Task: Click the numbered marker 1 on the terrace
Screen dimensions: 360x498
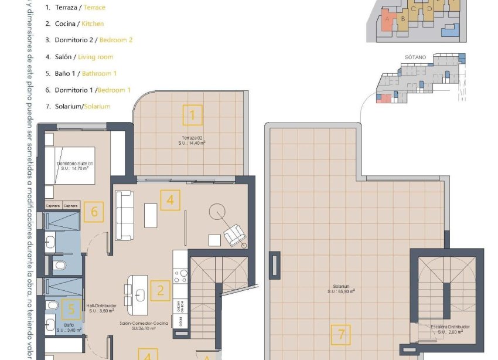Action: pos(192,115)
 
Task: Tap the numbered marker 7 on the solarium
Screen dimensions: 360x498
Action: pos(341,335)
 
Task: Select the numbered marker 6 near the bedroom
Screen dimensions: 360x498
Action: pos(94,212)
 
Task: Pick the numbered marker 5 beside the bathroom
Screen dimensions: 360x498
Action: pos(71,309)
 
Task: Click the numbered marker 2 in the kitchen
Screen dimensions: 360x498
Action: pos(160,290)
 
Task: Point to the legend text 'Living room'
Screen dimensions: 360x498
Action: pos(95,57)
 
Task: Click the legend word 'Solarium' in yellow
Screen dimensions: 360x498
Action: pos(97,106)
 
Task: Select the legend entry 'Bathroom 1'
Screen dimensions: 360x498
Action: pos(99,73)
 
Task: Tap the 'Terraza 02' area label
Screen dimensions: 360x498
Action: pos(192,138)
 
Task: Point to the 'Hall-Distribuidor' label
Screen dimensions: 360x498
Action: pos(101,305)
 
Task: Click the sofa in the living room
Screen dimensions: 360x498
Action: pos(125,215)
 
